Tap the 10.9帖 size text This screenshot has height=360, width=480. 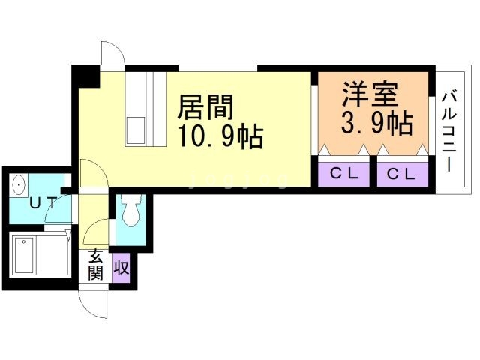(219, 136)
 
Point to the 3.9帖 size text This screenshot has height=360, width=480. (375, 122)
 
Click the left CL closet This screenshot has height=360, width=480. (344, 174)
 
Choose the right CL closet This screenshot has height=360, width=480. (400, 174)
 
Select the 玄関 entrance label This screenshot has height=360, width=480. (95, 265)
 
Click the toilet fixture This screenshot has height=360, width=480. (130, 210)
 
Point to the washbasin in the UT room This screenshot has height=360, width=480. (19, 184)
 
